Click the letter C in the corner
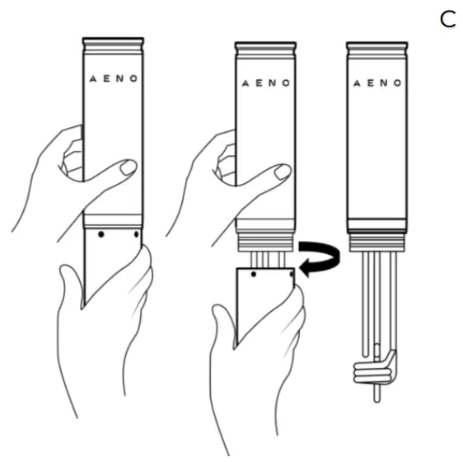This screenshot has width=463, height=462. (447, 20)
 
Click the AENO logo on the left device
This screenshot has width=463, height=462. (114, 78)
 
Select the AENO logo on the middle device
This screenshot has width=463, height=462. (266, 83)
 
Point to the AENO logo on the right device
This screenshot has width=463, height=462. (377, 83)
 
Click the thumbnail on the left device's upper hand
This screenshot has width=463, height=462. (129, 167)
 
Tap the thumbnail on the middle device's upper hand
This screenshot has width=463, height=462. (283, 172)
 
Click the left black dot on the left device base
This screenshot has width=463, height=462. (101, 234)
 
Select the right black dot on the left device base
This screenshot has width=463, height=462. (136, 234)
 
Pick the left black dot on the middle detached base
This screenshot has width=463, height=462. (254, 275)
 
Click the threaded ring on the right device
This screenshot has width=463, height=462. (377, 242)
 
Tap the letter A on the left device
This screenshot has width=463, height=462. (93, 79)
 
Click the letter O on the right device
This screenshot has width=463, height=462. (398, 83)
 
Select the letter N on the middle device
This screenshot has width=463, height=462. (273, 83)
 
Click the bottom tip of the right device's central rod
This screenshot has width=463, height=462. (376, 402)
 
